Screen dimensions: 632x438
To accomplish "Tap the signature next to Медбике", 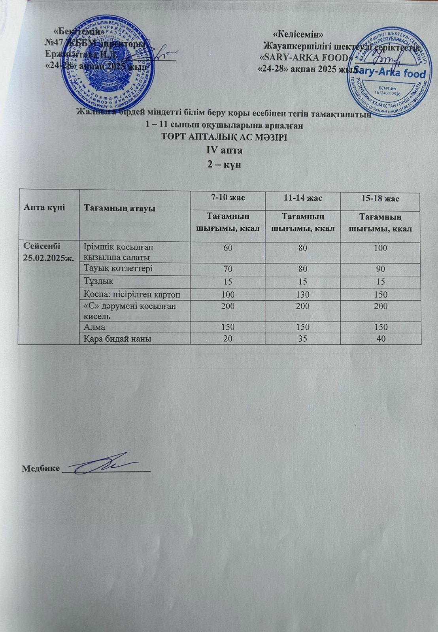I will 105,465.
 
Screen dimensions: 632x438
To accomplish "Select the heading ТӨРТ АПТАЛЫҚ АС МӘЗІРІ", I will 224,137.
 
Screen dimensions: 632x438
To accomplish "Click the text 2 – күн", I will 225,164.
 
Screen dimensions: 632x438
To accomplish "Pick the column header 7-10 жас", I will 228,198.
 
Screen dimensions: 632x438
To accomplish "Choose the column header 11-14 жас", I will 302,198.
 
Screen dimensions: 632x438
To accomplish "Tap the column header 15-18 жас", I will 381,198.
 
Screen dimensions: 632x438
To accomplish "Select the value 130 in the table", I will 302,295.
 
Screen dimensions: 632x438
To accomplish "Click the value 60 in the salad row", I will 228,248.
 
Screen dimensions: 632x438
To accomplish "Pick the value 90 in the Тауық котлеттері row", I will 381,269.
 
